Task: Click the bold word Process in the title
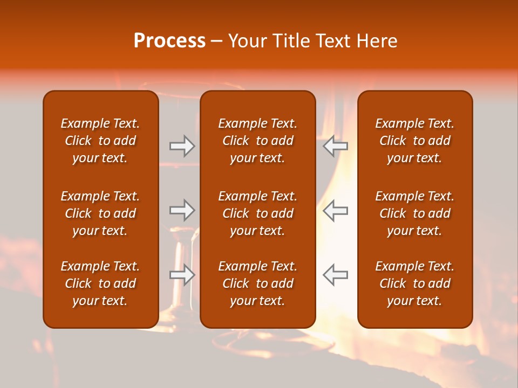pos(169,41)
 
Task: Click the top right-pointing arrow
pos(182,145)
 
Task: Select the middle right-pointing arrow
pos(182,210)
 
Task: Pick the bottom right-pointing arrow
pos(182,275)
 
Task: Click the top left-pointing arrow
pos(335,145)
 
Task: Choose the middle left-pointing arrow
pos(335,210)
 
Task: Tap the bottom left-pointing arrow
pos(335,275)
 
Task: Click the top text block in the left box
pos(100,141)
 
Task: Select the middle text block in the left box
pos(100,213)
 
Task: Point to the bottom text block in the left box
pos(100,283)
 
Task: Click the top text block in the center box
pos(257,141)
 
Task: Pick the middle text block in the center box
pos(257,213)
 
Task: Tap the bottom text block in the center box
pos(257,283)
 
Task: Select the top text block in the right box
pos(414,141)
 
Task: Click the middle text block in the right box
pos(414,213)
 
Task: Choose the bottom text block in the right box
pos(414,283)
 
